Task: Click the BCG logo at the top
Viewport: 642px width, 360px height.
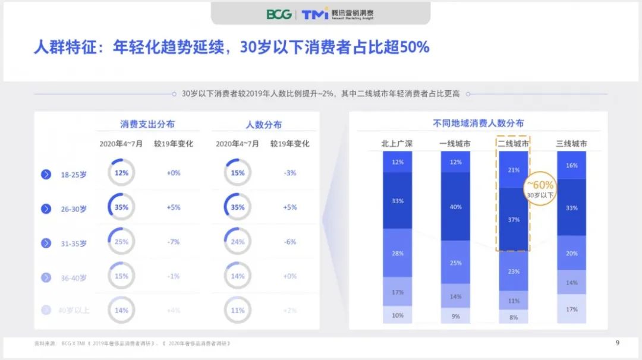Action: pos(279,14)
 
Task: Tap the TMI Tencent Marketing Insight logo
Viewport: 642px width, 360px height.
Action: pos(338,14)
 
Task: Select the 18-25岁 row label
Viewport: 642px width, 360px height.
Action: pos(74,175)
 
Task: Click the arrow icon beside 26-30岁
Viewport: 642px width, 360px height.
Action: pos(46,209)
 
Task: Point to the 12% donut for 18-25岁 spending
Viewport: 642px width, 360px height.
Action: pos(121,173)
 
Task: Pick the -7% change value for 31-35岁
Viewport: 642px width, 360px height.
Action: pos(173,242)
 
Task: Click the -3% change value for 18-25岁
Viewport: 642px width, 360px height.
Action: pos(289,173)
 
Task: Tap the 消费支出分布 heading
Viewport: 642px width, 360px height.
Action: pos(147,124)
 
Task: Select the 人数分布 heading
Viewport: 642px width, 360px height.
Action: pos(264,125)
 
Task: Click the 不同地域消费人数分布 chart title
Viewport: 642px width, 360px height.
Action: pos(479,123)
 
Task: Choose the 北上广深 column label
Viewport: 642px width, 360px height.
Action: pos(397,144)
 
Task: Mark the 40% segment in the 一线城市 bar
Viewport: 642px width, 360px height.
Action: pos(455,207)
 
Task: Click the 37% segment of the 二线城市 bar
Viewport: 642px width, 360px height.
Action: pos(514,220)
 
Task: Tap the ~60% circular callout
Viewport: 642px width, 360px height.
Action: pos(540,188)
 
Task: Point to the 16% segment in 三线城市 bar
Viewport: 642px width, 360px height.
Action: pos(571,165)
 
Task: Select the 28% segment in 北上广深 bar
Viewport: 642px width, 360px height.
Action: pos(397,253)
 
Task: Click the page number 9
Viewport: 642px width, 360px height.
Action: pos(618,342)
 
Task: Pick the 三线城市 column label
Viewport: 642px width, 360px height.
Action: pos(571,144)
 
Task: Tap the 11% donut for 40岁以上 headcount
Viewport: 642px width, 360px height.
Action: pos(238,310)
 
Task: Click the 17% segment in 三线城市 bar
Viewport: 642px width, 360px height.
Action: pos(571,309)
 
